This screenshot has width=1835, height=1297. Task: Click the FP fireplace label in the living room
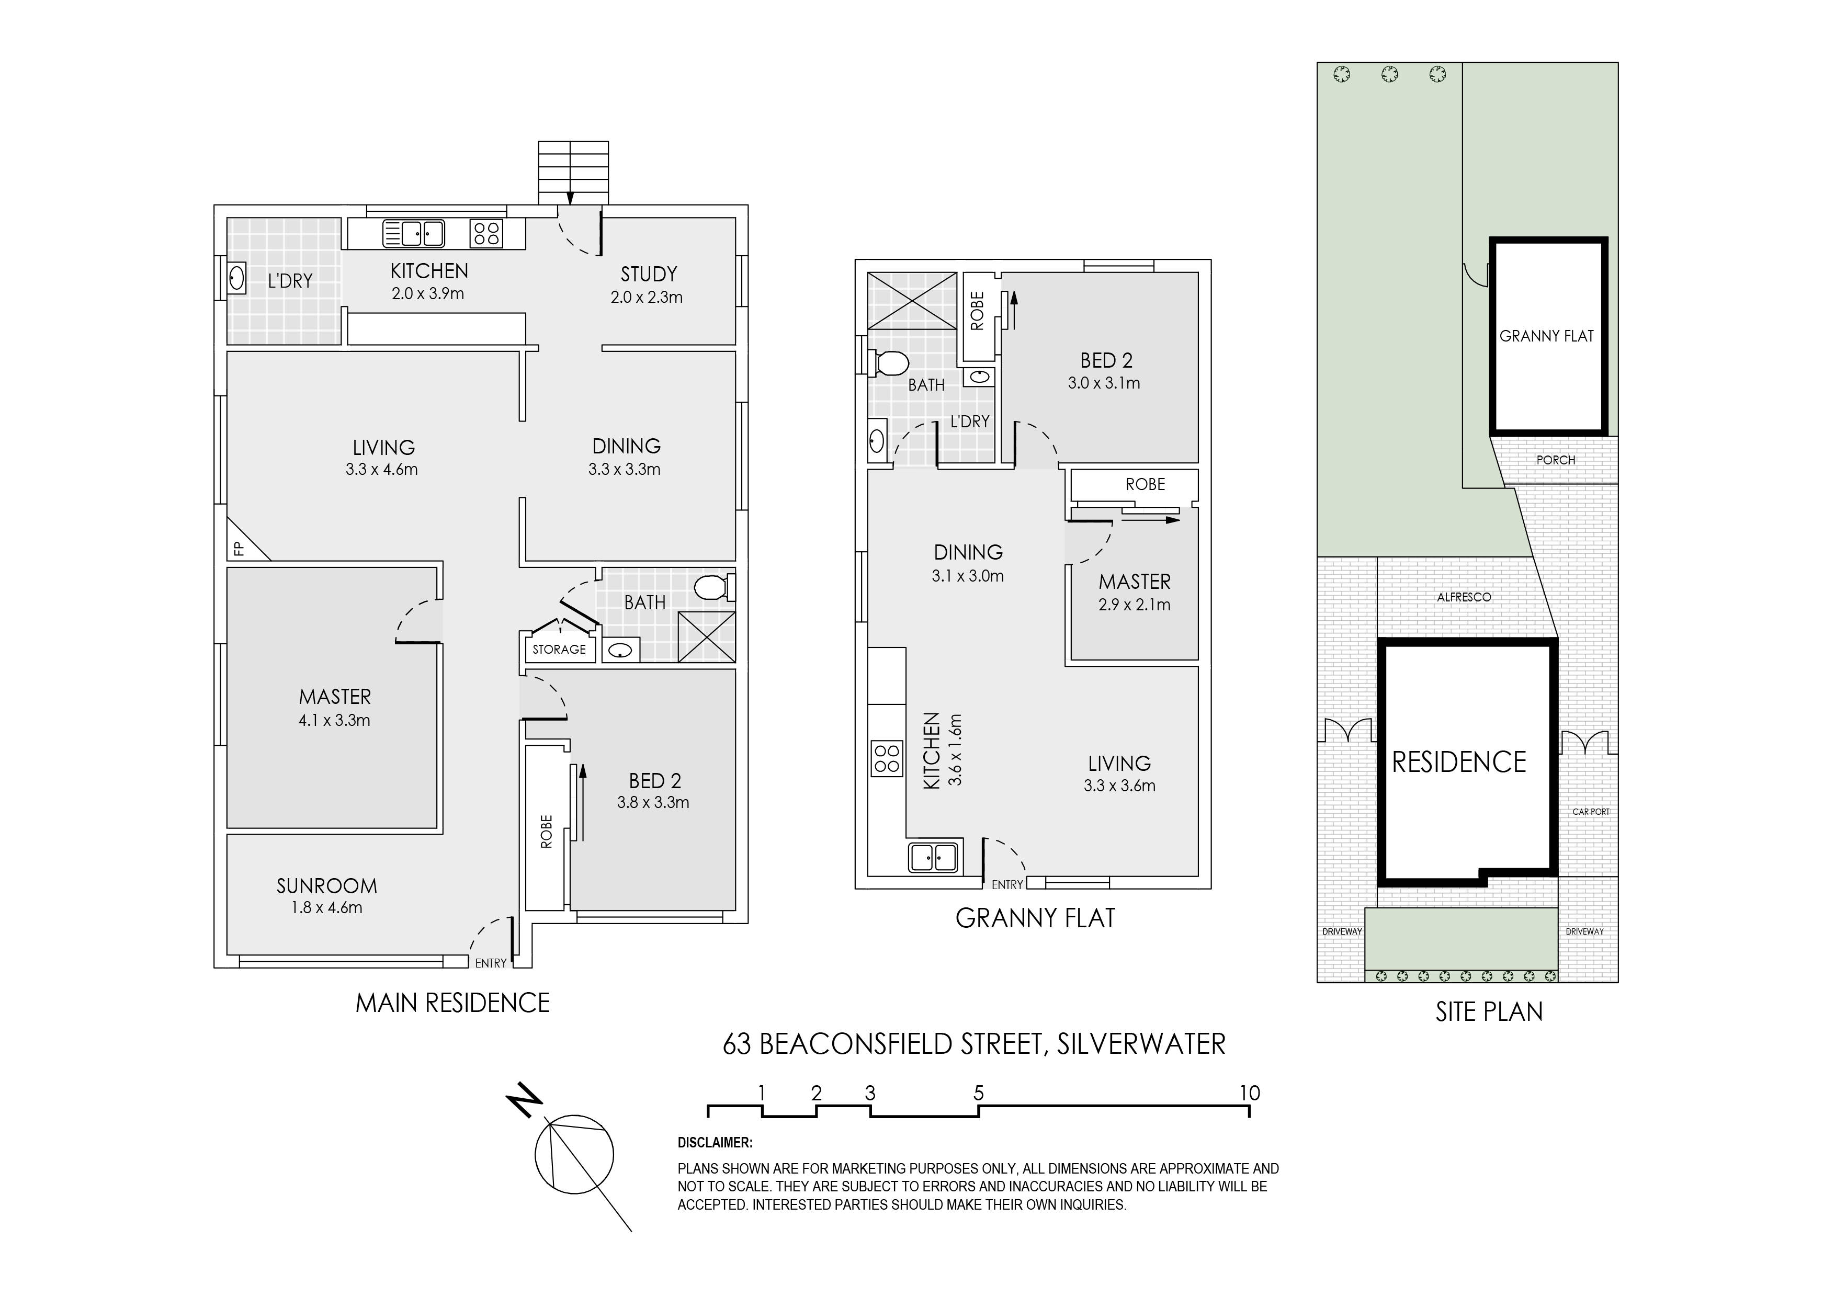(237, 548)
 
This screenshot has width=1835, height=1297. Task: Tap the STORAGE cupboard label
(560, 650)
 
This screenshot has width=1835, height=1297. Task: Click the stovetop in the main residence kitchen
(486, 233)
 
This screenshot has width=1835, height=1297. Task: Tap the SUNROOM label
(327, 885)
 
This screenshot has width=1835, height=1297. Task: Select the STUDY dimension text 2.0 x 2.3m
(647, 297)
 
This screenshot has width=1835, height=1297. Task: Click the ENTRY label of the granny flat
(1007, 885)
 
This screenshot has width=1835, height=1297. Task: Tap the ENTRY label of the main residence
(491, 963)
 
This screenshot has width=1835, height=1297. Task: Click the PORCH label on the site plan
(1555, 460)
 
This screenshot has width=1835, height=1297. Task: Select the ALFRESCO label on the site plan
(1464, 597)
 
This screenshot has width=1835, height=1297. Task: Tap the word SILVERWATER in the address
(1141, 1044)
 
